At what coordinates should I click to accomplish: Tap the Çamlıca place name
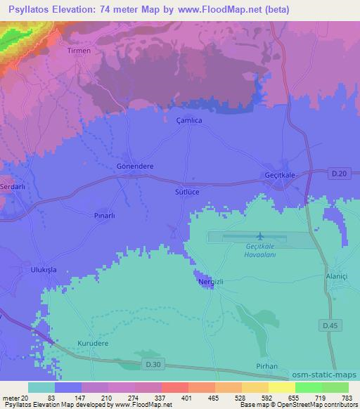(x=188, y=121)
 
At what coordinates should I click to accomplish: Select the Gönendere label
(x=134, y=167)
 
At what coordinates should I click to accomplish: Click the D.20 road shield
(x=340, y=173)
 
